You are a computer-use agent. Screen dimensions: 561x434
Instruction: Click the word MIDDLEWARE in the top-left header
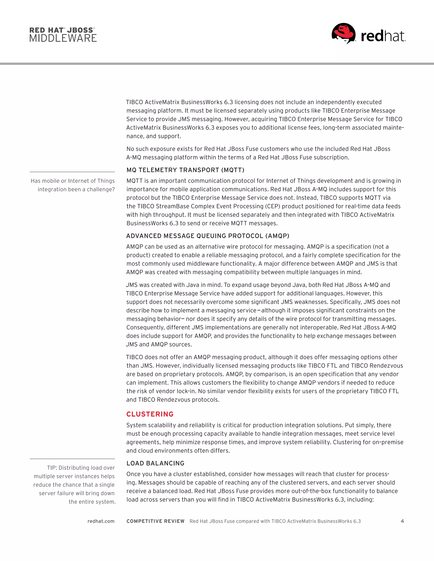(x=63, y=38)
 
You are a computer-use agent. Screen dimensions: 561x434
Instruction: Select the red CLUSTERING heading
(x=150, y=414)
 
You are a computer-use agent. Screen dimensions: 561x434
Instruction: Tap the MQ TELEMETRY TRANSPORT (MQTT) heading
(x=185, y=170)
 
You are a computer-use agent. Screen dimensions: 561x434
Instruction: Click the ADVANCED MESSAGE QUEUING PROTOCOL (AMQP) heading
(x=207, y=236)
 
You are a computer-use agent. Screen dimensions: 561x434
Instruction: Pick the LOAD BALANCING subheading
(x=155, y=463)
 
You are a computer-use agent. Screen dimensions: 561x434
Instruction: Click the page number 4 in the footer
(x=402, y=521)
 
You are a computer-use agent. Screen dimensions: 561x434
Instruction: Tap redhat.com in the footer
(x=101, y=521)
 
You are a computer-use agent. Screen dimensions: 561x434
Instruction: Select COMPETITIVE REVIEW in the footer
(x=155, y=521)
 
